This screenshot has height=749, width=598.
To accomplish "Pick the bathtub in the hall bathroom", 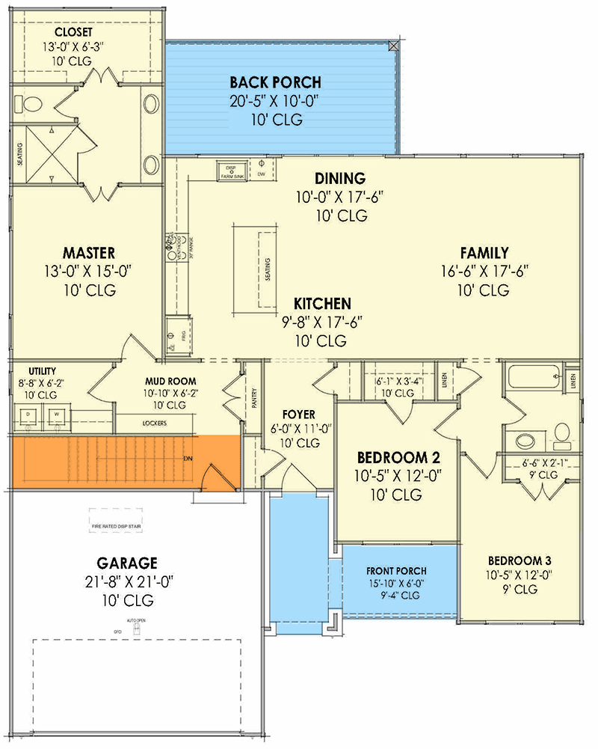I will pos(532,376).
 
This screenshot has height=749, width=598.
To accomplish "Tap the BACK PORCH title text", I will pos(275,82).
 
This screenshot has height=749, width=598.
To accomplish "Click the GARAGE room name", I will pos(126,562).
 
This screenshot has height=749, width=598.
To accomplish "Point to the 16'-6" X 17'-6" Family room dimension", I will pos(484,272).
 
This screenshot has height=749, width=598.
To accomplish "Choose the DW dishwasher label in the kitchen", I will pos(261,174).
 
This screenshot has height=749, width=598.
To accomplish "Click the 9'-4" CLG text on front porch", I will pos(396,596).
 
